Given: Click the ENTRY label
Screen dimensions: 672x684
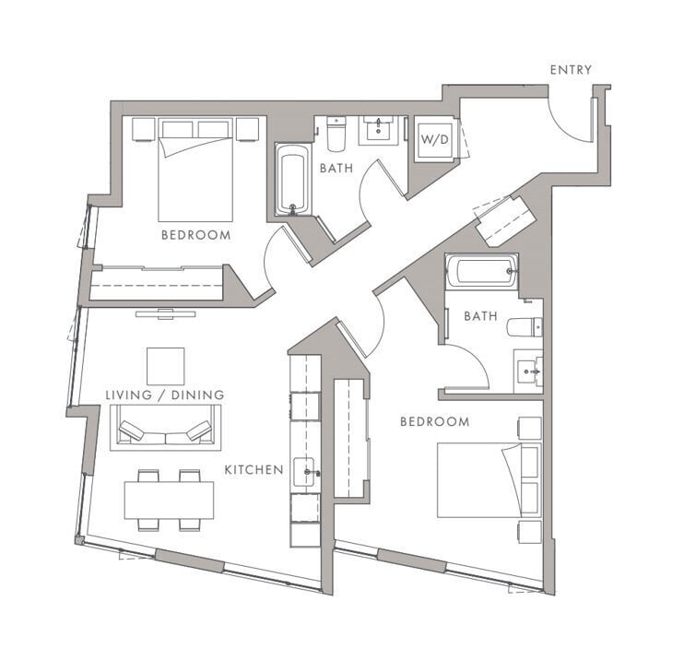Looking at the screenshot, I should (571, 70).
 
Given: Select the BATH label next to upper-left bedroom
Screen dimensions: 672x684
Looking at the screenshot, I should (336, 169).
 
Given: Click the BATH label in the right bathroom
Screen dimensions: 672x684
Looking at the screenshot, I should (480, 316).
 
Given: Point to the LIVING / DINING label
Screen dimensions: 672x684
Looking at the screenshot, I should (164, 395).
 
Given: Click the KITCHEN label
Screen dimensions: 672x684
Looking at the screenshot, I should (254, 470).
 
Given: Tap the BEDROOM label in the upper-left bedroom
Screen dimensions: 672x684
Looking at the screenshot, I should (195, 235).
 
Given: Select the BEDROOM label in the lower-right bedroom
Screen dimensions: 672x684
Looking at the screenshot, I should (434, 422).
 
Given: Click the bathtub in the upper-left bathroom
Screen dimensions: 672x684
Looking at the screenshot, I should (292, 181).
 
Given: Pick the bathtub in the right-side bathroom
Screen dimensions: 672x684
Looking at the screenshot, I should (481, 271).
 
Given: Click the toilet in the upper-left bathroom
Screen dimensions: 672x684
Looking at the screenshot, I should (336, 135).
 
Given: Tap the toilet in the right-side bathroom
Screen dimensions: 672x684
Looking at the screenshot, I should (525, 327).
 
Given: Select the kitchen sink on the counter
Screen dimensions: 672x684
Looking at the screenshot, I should (304, 473).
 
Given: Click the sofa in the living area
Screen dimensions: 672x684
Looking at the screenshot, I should (165, 430).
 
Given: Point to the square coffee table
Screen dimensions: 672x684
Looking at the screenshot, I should (165, 366).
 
